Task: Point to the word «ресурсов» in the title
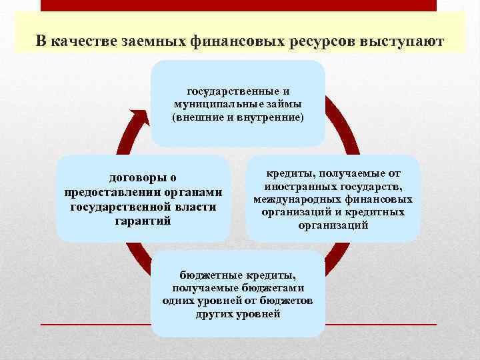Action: (322, 41)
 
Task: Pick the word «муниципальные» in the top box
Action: (213, 104)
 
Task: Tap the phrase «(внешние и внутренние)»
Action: (237, 117)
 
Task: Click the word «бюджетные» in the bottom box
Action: (207, 275)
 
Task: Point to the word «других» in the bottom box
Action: (216, 313)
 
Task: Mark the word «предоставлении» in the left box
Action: (101, 192)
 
